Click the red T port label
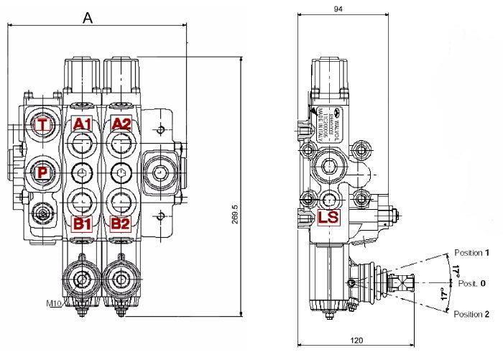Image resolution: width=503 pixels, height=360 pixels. pos(45,125)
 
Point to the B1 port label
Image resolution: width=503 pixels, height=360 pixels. pos(83,223)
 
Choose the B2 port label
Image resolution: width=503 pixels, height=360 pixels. pos(120,223)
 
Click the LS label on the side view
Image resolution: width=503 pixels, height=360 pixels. pos(328,217)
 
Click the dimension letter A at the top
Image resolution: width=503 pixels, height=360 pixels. pos(88,18)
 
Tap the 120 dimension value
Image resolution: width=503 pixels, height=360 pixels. pos(356,340)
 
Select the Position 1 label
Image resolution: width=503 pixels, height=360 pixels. pos(472,253)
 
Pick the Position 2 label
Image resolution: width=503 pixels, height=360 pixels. pos(472,315)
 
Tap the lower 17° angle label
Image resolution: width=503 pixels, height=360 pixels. pos(443,295)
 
